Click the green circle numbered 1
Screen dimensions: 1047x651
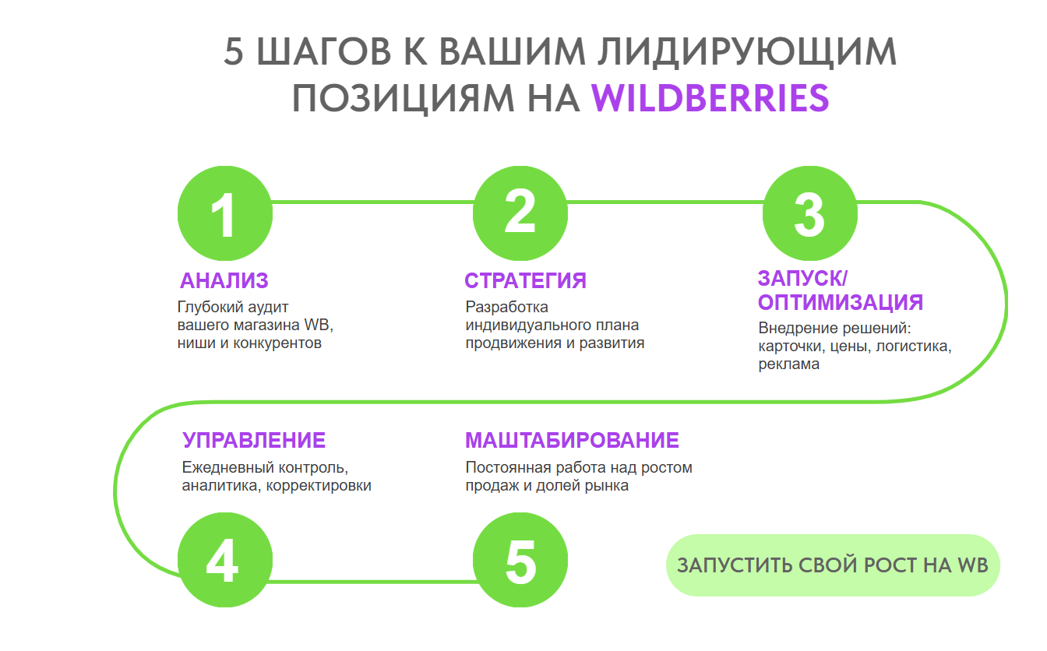(x=225, y=213)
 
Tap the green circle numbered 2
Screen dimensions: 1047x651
(x=520, y=213)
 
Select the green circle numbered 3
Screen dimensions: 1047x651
(x=810, y=213)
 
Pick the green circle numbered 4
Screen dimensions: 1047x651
(x=225, y=560)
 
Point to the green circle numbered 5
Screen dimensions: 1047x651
(x=520, y=560)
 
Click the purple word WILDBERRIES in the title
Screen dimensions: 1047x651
(x=710, y=98)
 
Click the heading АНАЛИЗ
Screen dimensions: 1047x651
(x=224, y=280)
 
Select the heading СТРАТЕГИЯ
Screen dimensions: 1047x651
(x=525, y=280)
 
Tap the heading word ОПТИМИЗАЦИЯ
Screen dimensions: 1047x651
(x=841, y=302)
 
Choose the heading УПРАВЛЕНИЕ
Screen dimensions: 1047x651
(x=254, y=440)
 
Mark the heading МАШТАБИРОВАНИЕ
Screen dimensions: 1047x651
(x=572, y=440)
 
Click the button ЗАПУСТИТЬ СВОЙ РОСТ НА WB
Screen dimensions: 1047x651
(x=833, y=565)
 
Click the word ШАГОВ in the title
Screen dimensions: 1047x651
(x=324, y=51)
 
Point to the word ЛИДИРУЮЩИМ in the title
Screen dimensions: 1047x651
(x=747, y=52)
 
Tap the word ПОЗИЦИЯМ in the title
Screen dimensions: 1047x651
(x=403, y=99)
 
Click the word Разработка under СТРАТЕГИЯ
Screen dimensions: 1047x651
(x=506, y=307)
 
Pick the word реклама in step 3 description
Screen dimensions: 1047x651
(x=789, y=364)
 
